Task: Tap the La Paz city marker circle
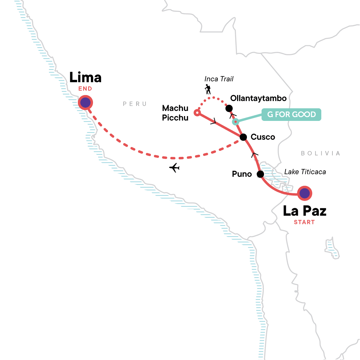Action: point(304,193)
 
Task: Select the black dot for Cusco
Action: point(244,137)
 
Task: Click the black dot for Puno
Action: point(260,174)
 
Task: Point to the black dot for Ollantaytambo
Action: point(229,108)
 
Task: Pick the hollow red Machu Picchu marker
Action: point(197,113)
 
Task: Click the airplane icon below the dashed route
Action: point(174,168)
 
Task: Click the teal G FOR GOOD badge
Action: point(291,115)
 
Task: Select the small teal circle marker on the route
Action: point(236,121)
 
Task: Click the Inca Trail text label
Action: point(219,79)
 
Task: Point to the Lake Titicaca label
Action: point(305,172)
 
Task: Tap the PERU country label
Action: point(135,104)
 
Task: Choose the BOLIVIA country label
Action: point(320,153)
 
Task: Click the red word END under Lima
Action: point(85,89)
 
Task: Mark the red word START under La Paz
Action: point(304,222)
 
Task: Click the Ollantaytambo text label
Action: point(258,98)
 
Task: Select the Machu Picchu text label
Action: point(175,113)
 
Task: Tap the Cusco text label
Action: point(263,137)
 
